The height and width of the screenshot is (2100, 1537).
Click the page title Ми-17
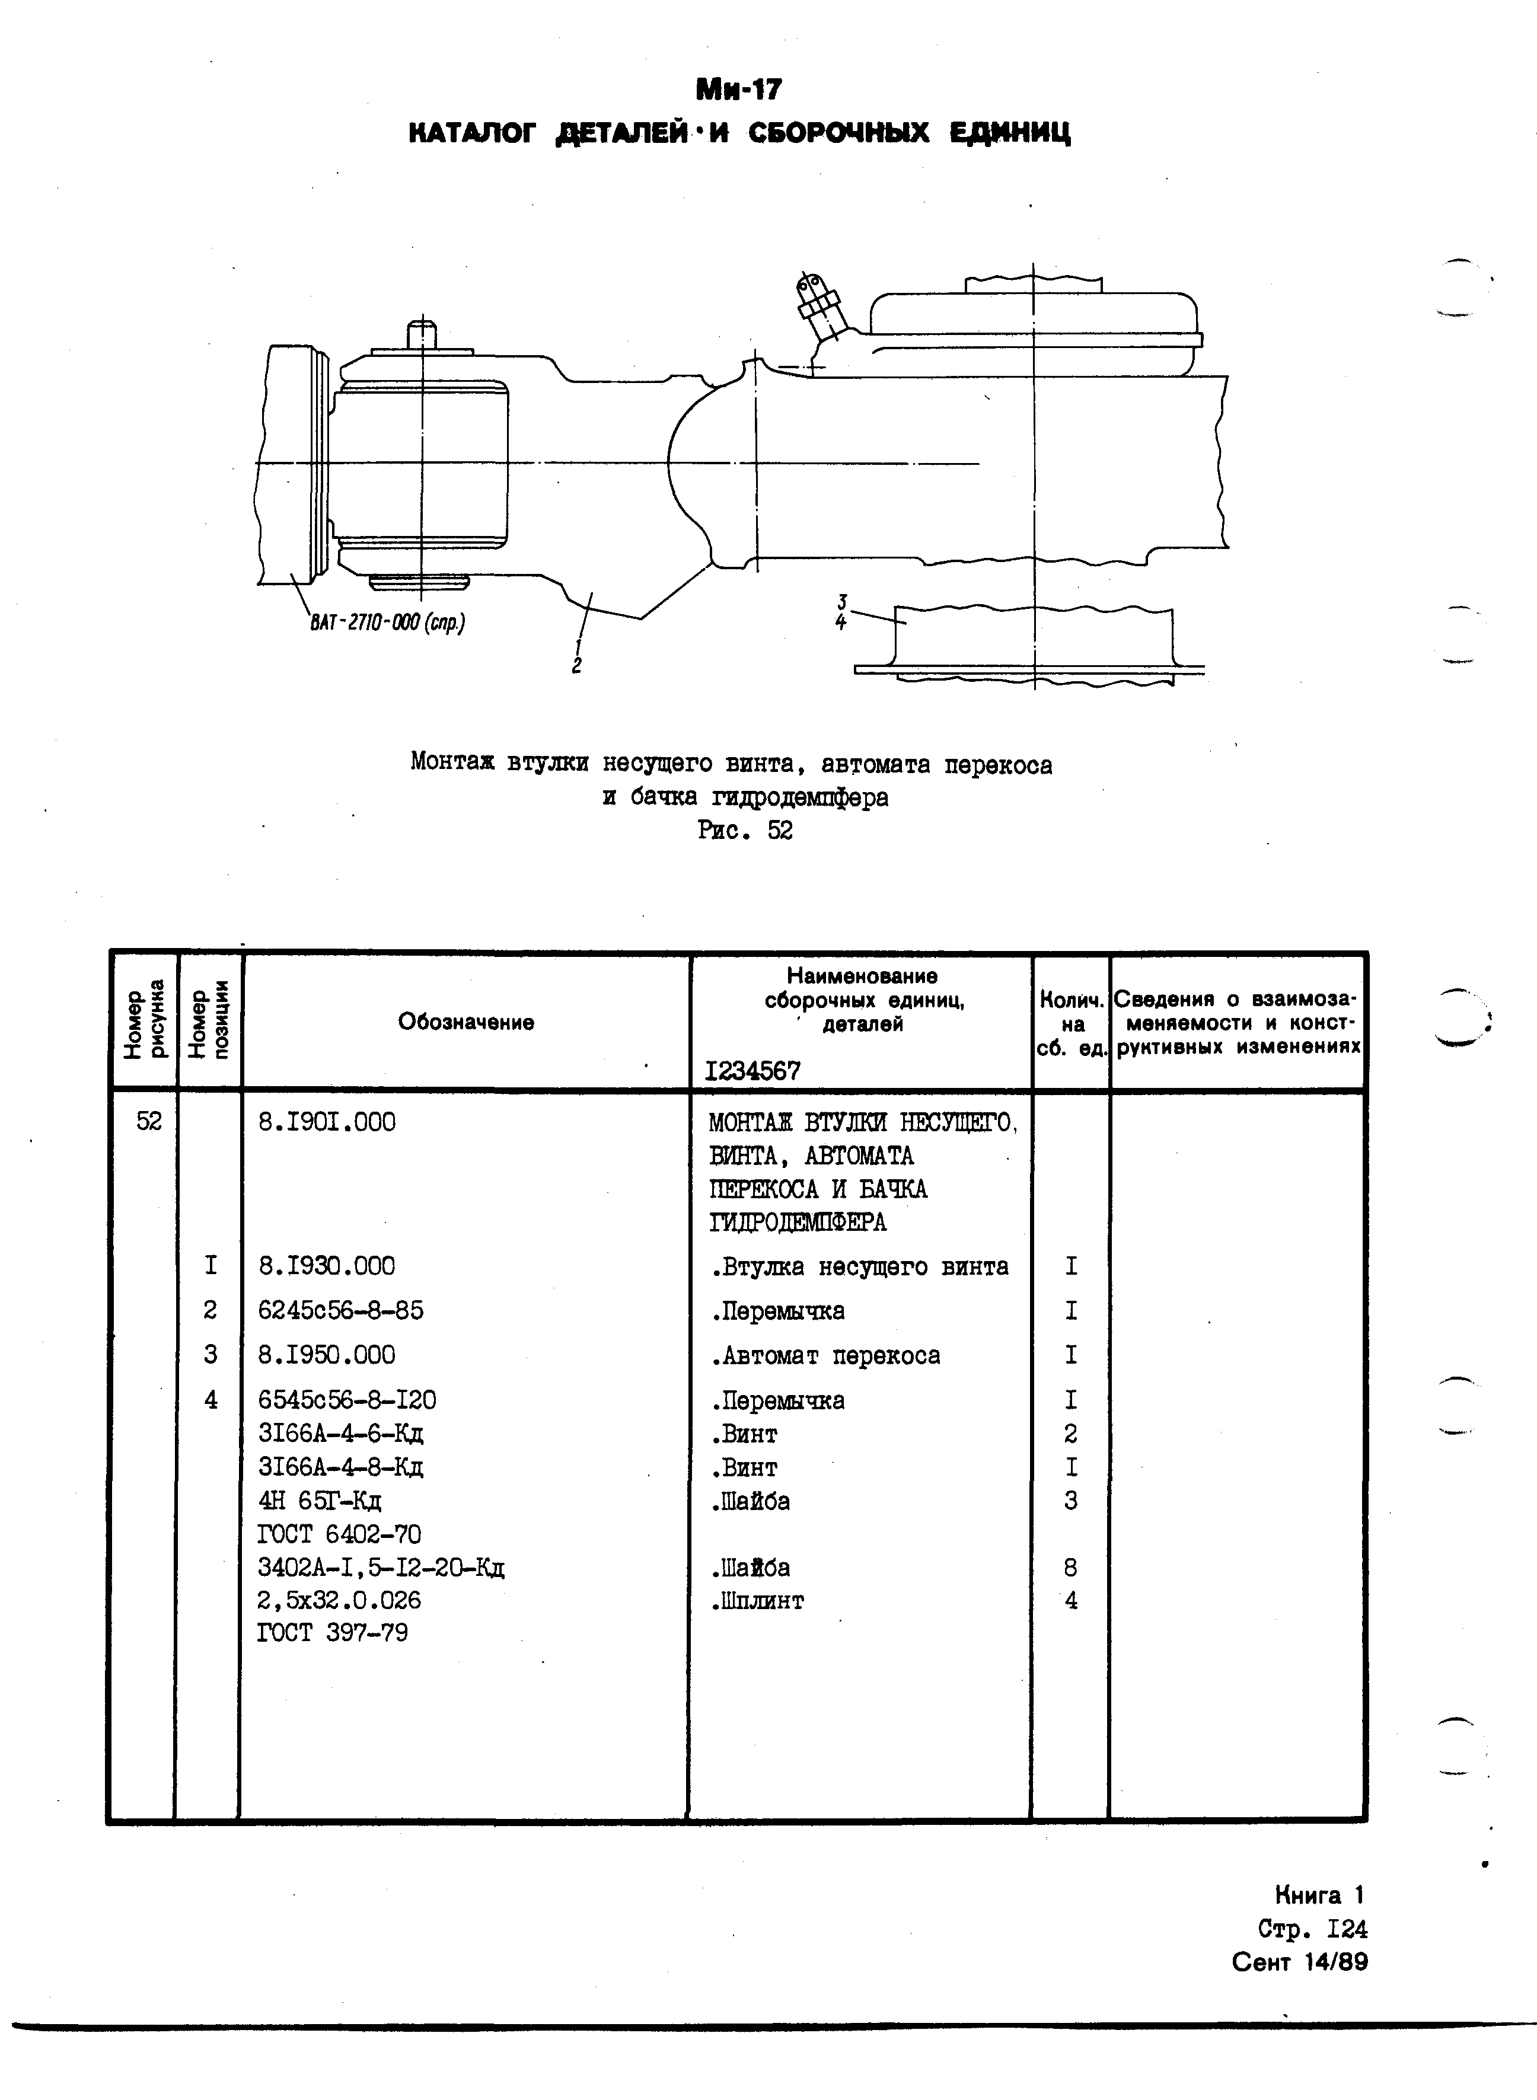pyautogui.click(x=739, y=90)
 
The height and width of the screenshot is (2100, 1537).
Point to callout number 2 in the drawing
pyautogui.click(x=577, y=666)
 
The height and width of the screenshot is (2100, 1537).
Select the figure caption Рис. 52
pyautogui.click(x=744, y=831)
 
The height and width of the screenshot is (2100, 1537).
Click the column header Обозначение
pyautogui.click(x=466, y=1022)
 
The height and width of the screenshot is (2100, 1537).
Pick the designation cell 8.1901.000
pyautogui.click(x=327, y=1122)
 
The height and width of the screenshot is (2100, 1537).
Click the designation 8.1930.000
pyautogui.click(x=327, y=1266)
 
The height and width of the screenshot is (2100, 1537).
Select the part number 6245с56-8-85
pyautogui.click(x=340, y=1310)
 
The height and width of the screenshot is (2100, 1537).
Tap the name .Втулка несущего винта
pyautogui.click(x=859, y=1266)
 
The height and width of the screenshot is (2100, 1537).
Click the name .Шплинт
pyautogui.click(x=757, y=1601)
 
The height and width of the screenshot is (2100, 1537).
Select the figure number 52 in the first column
pyautogui.click(x=149, y=1122)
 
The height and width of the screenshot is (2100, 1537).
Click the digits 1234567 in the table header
pyautogui.click(x=752, y=1071)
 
